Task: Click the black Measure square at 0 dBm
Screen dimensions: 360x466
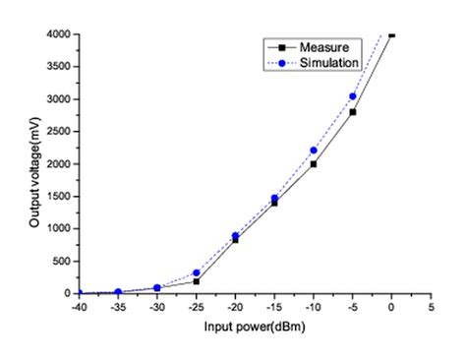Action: pos(391,34)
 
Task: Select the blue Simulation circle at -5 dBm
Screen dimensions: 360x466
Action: pos(352,96)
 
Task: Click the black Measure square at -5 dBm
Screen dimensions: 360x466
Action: pos(352,112)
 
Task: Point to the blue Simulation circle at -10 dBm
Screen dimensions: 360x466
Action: pos(314,150)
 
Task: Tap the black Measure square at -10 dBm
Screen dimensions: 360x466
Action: pos(314,164)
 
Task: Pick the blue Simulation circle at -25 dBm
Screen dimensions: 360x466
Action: pos(197,272)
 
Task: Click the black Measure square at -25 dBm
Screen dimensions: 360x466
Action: pos(197,281)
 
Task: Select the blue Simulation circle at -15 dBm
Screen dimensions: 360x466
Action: pos(274,198)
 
